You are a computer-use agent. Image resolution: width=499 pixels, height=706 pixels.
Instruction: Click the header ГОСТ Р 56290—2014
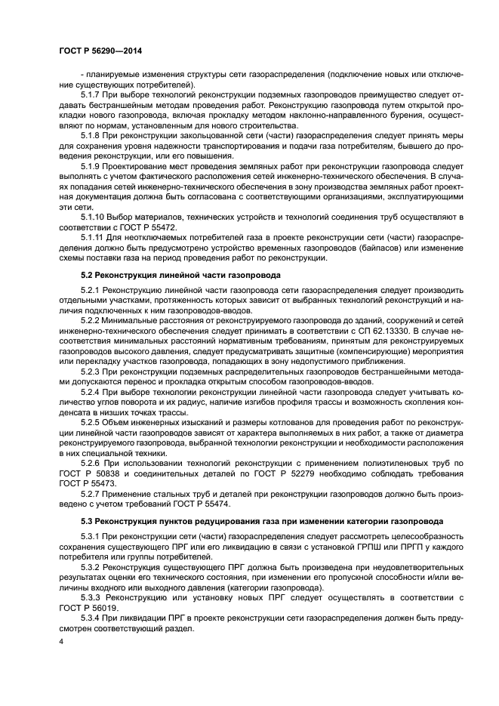(x=100, y=51)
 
